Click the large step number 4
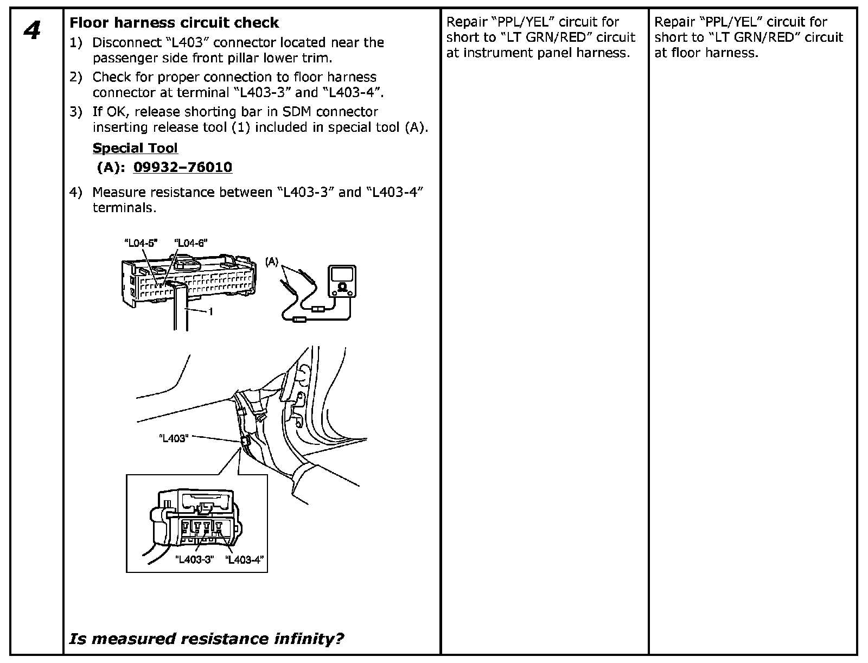pos(33,30)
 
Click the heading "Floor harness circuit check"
pos(174,23)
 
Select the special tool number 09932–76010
pos(183,167)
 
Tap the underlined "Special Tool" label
pos(135,148)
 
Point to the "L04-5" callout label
pos(141,244)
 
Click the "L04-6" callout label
pos(190,244)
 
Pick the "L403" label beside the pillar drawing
pos(174,438)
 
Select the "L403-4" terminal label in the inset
pos(246,559)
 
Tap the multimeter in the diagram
pos(342,281)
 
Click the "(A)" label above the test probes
pos(272,262)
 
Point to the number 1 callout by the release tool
pos(210,312)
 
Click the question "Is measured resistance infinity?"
pos(206,639)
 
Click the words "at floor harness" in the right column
pos(706,53)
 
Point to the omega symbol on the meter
pos(342,286)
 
